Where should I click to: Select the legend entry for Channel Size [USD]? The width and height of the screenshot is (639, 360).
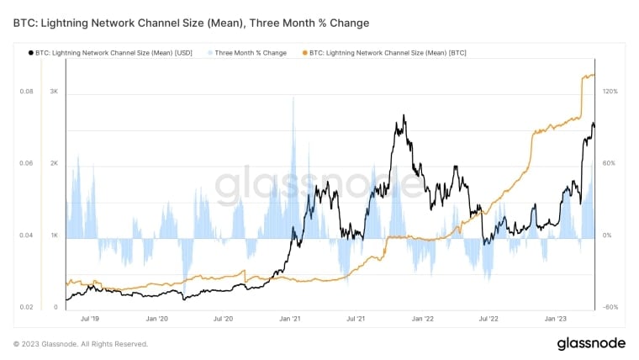(114, 53)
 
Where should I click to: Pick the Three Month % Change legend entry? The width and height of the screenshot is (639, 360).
(251, 53)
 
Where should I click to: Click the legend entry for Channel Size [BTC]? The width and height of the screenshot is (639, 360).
(388, 53)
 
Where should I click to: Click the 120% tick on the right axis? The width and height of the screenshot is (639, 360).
(610, 91)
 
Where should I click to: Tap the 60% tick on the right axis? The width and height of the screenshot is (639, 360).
(610, 163)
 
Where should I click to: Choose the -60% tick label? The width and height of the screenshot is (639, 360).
(610, 308)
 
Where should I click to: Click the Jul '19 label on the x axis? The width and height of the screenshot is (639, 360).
(90, 320)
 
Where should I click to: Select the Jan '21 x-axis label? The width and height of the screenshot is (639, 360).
(290, 320)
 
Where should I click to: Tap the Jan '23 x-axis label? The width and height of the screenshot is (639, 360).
(555, 320)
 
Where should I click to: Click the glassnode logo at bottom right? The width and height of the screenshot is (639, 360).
(590, 343)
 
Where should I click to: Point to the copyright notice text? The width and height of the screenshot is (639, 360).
(81, 344)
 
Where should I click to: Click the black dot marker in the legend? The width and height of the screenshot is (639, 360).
(31, 53)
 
